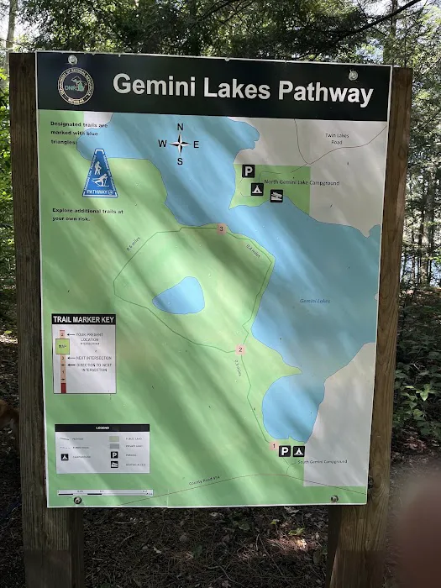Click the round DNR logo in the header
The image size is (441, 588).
[x=76, y=85]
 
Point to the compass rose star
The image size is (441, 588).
[x=180, y=144]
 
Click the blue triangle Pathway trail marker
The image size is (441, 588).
[x=100, y=174]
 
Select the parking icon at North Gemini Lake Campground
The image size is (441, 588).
[x=249, y=171]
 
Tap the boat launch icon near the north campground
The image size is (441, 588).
[x=276, y=196]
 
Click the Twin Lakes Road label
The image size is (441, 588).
[x=340, y=139]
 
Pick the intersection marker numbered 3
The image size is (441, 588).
[x=221, y=228]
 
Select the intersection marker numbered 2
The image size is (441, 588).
[x=240, y=349]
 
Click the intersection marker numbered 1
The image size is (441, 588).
[x=273, y=445]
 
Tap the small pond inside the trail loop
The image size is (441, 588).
[x=178, y=296]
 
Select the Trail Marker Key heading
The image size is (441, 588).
[x=83, y=319]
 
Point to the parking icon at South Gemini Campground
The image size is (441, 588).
[x=285, y=451]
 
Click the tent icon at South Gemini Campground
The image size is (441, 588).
[x=298, y=451]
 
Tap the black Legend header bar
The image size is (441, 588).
[x=102, y=428]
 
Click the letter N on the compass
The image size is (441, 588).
[x=180, y=128]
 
